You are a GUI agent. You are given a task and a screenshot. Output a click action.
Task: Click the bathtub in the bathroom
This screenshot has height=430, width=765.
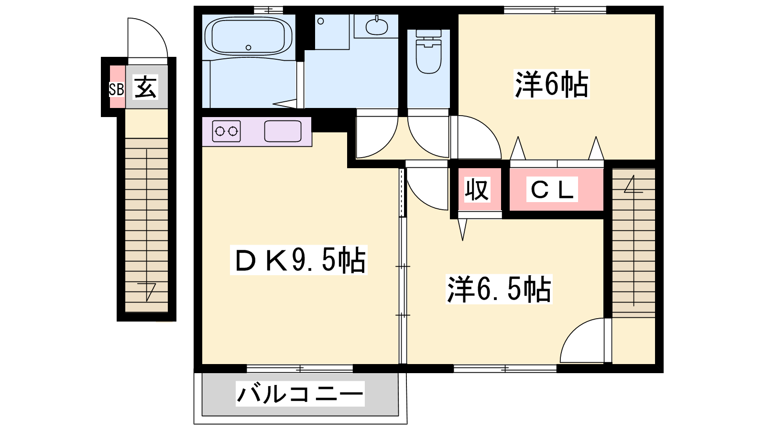click(248, 36)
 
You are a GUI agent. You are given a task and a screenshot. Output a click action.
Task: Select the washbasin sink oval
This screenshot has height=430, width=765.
click(377, 26)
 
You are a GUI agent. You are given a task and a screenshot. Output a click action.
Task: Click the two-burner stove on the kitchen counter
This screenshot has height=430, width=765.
click(226, 131)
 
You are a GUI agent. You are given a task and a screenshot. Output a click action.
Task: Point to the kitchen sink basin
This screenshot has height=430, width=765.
click(283, 131)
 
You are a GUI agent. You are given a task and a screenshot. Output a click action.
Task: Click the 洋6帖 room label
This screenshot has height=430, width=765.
click(552, 84)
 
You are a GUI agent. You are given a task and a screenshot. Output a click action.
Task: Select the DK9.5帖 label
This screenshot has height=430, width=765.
click(299, 260)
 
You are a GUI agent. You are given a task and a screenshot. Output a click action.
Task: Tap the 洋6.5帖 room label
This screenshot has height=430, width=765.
click(499, 289)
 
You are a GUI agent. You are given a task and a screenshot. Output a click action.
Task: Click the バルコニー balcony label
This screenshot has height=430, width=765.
click(300, 394)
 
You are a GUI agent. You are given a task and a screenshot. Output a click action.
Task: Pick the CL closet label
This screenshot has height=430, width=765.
click(552, 189)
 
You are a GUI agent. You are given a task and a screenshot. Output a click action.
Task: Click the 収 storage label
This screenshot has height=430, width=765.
click(477, 189)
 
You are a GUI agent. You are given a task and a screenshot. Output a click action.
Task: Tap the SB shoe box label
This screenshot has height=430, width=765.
click(116, 89)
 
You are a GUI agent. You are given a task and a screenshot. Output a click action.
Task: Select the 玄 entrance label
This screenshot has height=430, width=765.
click(146, 87)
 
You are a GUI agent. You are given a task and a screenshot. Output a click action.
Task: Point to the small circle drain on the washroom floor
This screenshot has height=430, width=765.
click(320, 21)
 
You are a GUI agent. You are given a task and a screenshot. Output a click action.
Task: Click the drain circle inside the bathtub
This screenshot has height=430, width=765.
click(248, 47)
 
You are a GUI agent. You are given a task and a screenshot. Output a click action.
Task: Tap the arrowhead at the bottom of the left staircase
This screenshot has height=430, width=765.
click(147, 292)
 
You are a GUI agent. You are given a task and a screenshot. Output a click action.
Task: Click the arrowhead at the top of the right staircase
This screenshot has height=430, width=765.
click(634, 184)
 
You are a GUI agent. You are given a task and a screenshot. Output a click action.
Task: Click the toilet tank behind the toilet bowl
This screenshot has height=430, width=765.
click(428, 33)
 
